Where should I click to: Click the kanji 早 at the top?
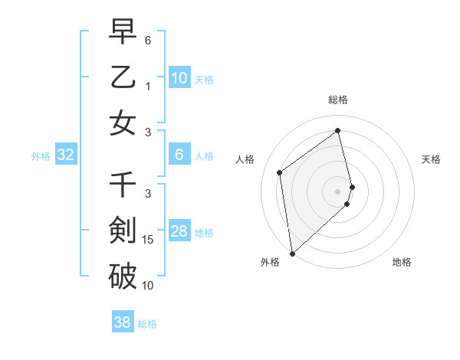(x=123, y=31)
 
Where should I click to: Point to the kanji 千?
(x=123, y=185)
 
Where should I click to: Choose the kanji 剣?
(x=123, y=230)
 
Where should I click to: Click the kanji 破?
(x=123, y=275)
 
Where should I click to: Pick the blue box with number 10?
(x=179, y=78)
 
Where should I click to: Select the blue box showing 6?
(x=179, y=155)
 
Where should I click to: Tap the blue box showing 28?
(x=179, y=232)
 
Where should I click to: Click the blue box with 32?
(x=65, y=155)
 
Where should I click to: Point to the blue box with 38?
(x=123, y=322)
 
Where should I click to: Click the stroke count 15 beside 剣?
(x=149, y=240)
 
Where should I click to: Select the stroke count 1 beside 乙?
(x=148, y=87)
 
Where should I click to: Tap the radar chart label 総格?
(x=337, y=100)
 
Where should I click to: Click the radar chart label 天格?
(x=432, y=159)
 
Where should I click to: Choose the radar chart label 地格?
(x=402, y=262)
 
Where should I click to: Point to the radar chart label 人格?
(x=245, y=159)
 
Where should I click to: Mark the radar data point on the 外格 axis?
(x=292, y=253)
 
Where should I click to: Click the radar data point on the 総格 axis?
(x=337, y=130)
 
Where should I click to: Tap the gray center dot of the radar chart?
(x=338, y=191)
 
